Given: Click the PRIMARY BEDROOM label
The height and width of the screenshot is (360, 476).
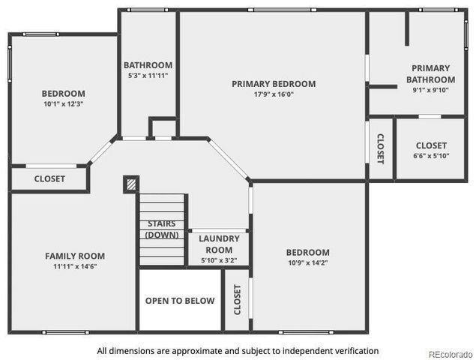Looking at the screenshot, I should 273,84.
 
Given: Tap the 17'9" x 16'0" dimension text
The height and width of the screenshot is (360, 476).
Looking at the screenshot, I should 273,94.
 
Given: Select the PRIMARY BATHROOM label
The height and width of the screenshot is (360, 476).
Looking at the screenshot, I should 430,73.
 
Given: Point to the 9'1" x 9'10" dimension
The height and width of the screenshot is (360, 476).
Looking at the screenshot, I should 430,90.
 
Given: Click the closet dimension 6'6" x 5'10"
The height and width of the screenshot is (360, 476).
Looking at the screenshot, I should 430,156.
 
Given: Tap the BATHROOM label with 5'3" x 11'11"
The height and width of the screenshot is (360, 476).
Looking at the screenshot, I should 148,65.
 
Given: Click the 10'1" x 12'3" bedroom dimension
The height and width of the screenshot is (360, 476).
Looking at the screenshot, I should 63,104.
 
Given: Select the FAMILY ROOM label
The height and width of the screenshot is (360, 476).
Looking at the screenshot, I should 74,256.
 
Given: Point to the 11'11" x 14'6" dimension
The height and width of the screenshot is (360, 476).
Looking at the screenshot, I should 74,266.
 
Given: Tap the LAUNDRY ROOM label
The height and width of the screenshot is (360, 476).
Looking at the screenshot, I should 219,244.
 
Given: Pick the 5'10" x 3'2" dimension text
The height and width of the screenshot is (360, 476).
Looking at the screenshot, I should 219,260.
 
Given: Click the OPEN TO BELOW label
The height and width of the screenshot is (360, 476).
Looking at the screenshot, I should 180,301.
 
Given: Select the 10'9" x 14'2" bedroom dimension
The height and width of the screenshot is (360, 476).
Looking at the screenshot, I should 307,263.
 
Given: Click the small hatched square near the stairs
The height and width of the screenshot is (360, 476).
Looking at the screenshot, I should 130,184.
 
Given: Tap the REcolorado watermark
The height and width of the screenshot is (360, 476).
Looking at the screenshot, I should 449,354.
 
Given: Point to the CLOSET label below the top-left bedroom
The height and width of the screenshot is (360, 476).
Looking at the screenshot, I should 49,179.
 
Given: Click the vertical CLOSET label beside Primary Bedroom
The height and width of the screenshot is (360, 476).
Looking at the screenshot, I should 380,148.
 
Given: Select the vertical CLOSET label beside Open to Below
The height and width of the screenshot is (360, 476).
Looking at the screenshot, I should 238,299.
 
